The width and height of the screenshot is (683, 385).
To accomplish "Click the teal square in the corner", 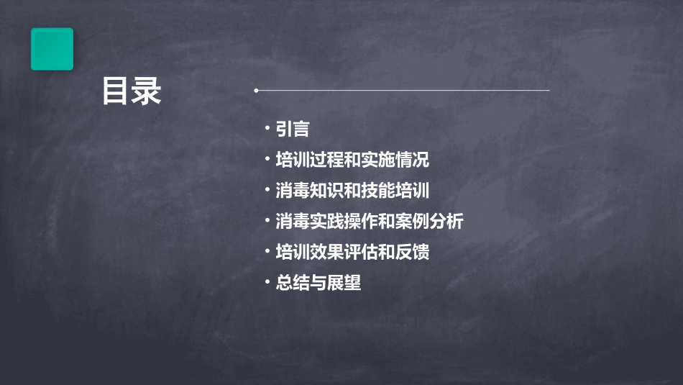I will point(52,49).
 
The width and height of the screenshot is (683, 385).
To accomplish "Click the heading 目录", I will point(132,91).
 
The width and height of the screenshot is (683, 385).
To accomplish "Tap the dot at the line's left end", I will point(256,91).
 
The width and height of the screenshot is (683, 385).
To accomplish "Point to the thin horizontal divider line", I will point(403,91).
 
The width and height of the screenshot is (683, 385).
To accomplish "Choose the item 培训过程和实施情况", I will point(352,160).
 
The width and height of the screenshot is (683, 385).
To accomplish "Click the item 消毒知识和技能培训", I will point(352,191).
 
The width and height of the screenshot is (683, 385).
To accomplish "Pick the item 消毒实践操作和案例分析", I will point(369,222).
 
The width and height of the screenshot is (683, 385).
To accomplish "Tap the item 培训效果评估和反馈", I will point(352,253).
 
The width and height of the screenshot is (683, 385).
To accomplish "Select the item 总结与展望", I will point(318,283).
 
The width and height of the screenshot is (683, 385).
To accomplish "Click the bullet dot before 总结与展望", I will point(267,281).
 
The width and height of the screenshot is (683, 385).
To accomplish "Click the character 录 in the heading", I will point(147,91).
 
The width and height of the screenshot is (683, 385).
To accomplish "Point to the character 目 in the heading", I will point(116,91).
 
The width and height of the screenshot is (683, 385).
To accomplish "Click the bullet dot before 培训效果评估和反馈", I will point(267,251).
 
